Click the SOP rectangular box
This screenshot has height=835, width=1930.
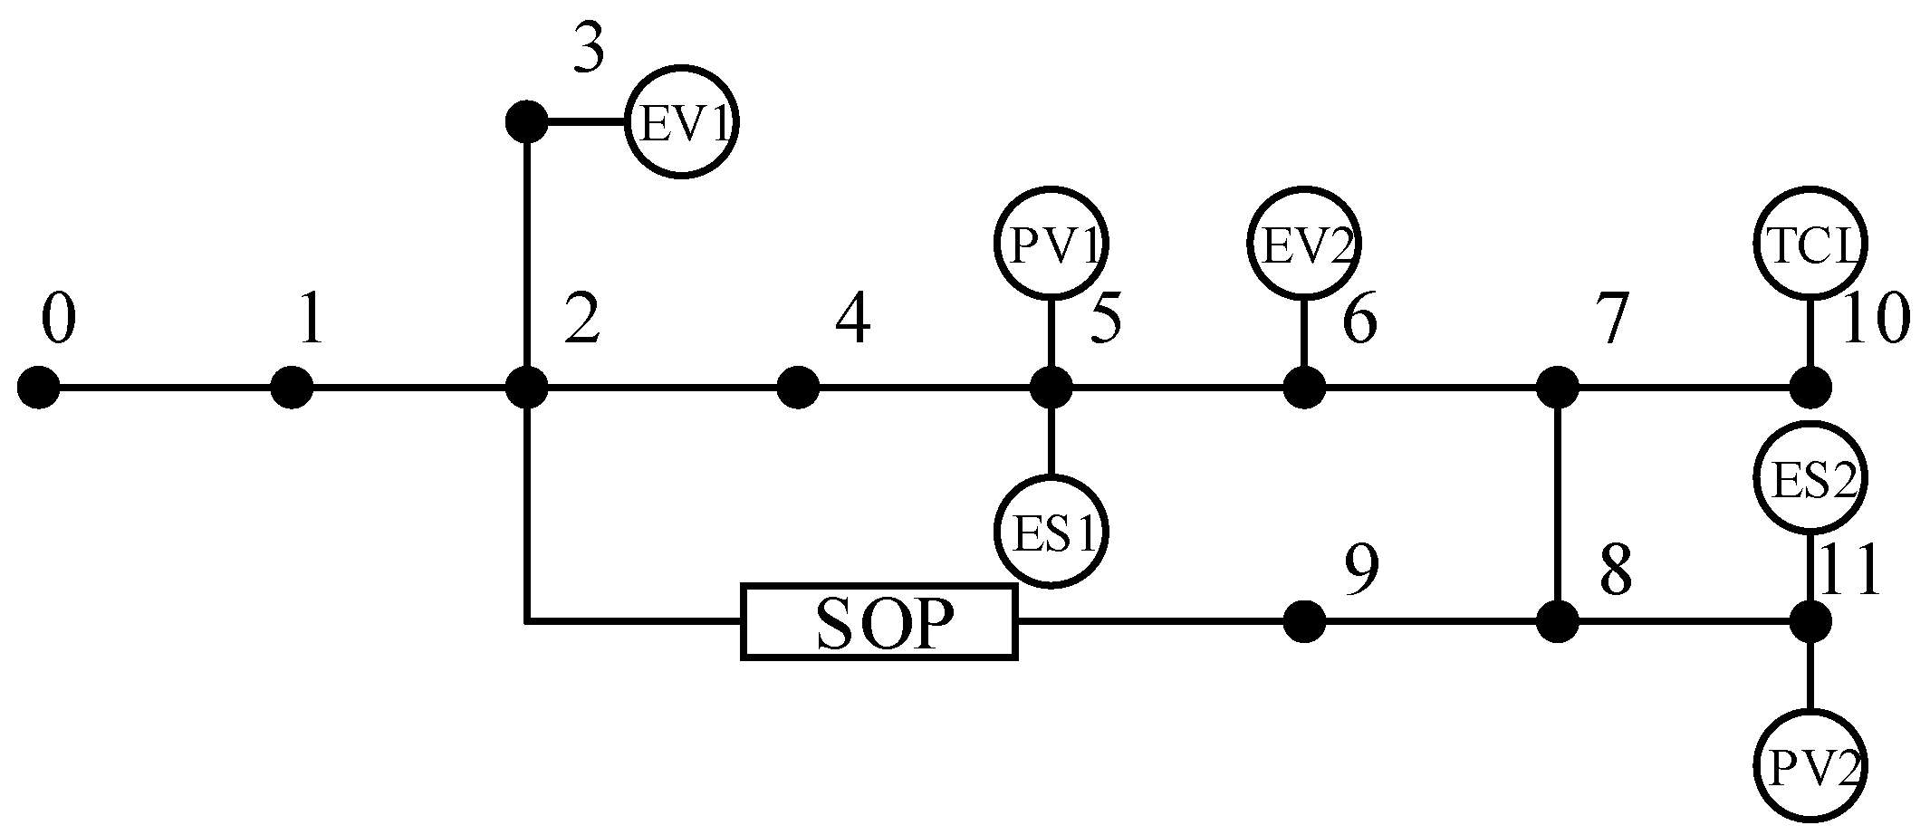[879, 621]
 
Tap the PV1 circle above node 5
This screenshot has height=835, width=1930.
[1051, 243]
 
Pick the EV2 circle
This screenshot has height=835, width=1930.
[1303, 243]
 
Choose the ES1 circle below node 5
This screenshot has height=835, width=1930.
[1051, 531]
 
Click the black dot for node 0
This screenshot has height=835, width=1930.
[39, 389]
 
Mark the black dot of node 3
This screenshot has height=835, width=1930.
[526, 121]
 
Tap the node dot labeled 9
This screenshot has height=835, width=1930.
[1304, 621]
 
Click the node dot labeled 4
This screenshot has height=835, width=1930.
[798, 389]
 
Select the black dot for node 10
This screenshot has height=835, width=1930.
[1810, 389]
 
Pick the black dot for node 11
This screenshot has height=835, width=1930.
[1810, 621]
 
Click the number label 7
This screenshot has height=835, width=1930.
[1611, 320]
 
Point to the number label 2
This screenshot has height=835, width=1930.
[581, 320]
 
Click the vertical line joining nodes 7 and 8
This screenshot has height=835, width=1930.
[1557, 505]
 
